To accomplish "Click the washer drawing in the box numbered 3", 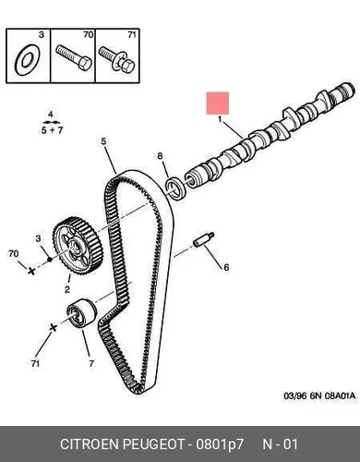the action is click(19, 60).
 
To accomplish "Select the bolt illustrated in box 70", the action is click(74, 58).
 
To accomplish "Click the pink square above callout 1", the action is click(218, 103).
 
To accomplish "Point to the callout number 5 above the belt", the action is click(103, 141).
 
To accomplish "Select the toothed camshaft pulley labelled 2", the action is click(78, 247).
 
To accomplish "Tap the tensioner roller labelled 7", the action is click(82, 313).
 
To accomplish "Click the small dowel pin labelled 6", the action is click(204, 239).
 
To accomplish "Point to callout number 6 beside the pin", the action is click(226, 267).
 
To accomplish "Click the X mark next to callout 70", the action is click(31, 271).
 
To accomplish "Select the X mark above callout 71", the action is click(54, 327).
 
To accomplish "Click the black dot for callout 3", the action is click(50, 261).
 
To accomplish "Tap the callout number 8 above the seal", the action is click(160, 156).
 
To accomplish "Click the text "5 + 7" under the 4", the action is click(52, 130).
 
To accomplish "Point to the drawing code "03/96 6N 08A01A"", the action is click(319, 395).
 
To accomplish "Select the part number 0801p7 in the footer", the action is click(220, 444).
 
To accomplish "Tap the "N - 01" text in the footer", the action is click(280, 444).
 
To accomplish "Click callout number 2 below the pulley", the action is click(67, 289).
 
